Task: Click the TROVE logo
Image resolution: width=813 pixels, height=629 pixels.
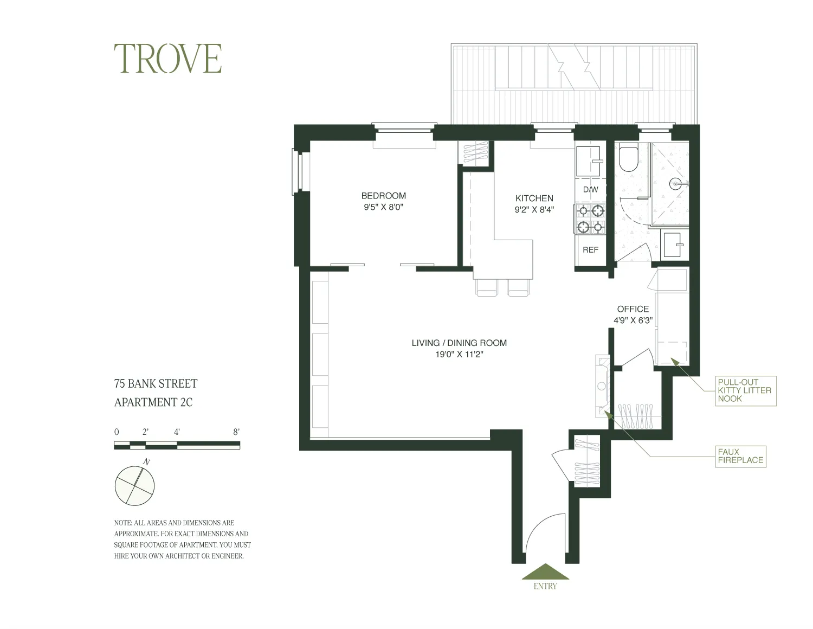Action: coord(167,59)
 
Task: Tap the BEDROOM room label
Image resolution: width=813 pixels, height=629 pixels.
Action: coord(383,196)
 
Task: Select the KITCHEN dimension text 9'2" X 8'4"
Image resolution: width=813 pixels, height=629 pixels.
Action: coord(534,210)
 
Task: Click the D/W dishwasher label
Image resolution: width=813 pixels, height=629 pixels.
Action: coord(590,190)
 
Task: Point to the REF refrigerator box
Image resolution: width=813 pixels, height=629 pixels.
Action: coord(590,250)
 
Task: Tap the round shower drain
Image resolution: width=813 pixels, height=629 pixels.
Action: coord(675,184)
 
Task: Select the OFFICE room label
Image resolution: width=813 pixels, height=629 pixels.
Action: coord(633,309)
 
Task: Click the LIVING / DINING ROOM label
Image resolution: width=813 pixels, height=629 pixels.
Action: coord(459,343)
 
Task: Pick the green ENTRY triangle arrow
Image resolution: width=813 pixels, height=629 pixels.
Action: coord(545,572)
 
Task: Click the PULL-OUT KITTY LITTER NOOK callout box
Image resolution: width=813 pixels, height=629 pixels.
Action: coord(744,390)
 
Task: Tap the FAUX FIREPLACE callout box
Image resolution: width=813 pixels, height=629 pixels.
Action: coord(740,456)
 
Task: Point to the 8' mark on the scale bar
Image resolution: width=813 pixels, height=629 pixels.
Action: coord(236,432)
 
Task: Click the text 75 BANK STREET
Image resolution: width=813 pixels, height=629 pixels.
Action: coord(156,384)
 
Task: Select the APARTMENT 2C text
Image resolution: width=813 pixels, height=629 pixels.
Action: coord(153,402)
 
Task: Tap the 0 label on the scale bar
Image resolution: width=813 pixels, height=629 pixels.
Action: coord(117,432)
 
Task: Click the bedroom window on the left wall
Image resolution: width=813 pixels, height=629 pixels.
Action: coord(296,171)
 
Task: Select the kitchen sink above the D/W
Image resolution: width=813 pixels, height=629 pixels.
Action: coord(588,161)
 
